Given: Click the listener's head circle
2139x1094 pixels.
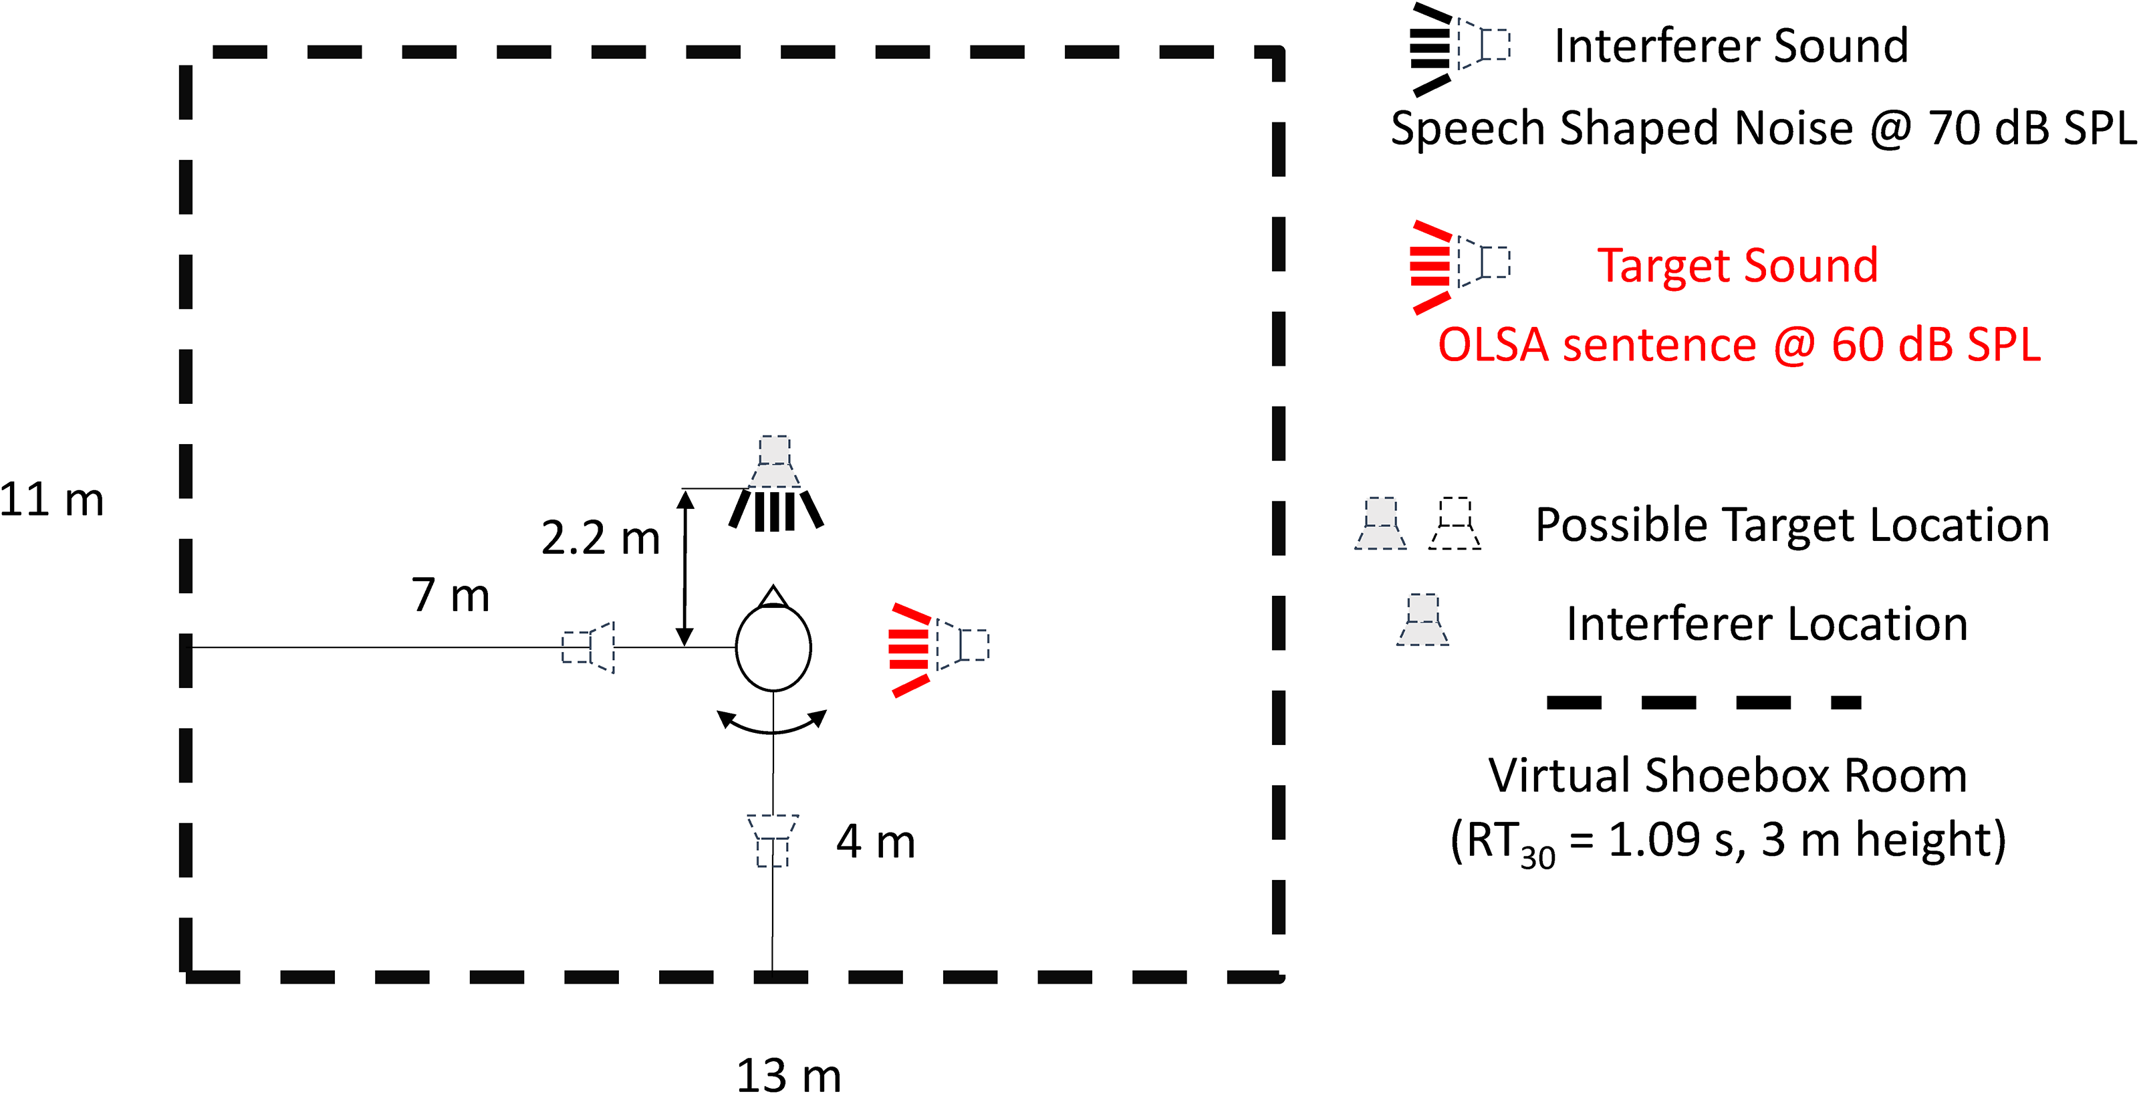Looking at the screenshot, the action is click(x=736, y=647).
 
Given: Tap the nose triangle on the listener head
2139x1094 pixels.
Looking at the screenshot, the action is click(x=774, y=596).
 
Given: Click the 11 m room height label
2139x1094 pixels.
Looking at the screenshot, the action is click(x=51, y=500).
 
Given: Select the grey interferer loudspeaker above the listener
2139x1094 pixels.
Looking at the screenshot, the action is click(x=775, y=481).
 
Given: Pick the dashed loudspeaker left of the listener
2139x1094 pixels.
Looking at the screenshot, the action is click(x=588, y=647).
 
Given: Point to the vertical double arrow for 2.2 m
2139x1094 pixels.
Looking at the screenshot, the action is click(x=685, y=567).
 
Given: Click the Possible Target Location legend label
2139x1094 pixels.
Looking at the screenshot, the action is click(x=1793, y=524).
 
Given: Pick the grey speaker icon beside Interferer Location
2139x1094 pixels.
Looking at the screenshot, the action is click(x=1422, y=620).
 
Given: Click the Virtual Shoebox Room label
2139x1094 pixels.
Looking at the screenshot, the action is click(x=1728, y=775).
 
